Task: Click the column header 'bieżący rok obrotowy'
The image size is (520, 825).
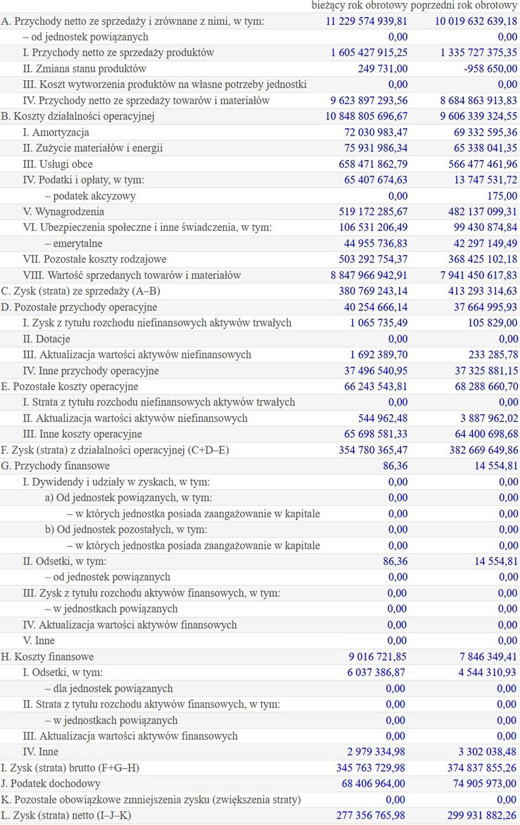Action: click(x=359, y=5)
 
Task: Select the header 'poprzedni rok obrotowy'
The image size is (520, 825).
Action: click(x=464, y=5)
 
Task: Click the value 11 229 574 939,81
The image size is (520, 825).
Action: click(x=366, y=21)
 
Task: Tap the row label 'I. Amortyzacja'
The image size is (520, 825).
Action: click(x=56, y=132)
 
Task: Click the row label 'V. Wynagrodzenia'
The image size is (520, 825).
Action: click(x=63, y=212)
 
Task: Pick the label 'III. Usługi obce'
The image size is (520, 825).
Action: click(x=57, y=164)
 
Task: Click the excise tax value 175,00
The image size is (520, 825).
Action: click(x=502, y=196)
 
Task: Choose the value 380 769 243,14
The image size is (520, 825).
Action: click(x=373, y=291)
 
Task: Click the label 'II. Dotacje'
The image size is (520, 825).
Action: click(x=46, y=339)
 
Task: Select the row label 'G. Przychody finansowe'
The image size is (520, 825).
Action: click(x=55, y=466)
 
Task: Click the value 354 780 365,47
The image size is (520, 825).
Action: click(x=373, y=450)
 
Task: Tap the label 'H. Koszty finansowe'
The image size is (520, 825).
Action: click(x=47, y=657)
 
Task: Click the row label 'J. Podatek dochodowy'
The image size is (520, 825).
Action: click(x=50, y=784)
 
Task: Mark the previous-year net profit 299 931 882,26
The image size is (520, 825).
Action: click(x=482, y=815)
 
